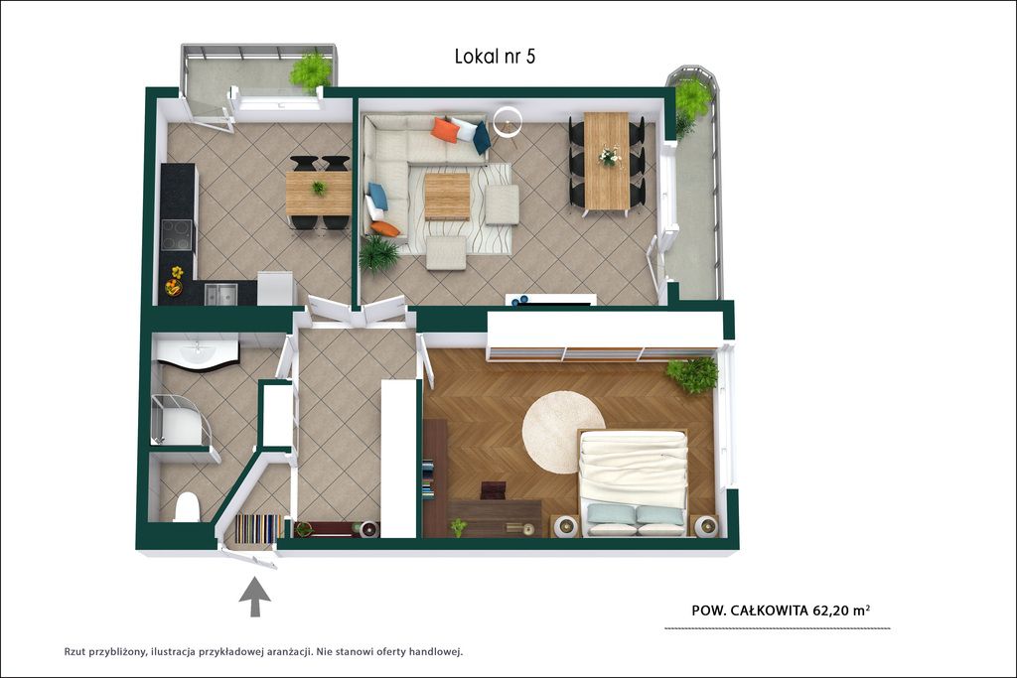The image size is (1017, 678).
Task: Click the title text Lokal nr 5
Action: click(495, 57)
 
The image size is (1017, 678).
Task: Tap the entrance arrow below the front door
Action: click(255, 597)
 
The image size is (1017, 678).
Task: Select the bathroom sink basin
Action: click(197, 353)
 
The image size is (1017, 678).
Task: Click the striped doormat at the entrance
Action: click(259, 528)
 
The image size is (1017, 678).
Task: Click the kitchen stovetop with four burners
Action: click(177, 234)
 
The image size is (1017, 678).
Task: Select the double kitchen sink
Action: click(220, 294)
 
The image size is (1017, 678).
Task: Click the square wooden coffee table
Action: click(447, 197)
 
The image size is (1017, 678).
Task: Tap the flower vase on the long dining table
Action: click(609, 156)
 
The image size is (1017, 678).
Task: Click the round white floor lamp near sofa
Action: click(508, 121)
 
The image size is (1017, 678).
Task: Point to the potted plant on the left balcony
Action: click(311, 70)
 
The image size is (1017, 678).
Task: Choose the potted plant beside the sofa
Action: click(378, 253)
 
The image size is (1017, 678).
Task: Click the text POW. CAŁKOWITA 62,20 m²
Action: click(781, 610)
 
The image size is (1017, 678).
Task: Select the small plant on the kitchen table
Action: click(319, 188)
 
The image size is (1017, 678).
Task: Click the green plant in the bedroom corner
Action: click(692, 374)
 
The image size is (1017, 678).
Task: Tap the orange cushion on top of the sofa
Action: click(445, 129)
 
